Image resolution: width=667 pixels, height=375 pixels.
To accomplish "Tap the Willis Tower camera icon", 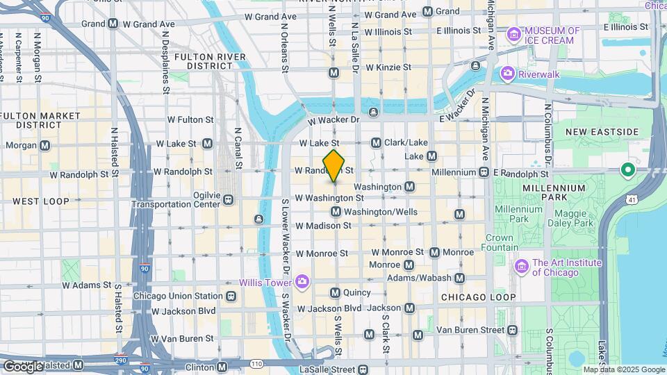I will [302, 281].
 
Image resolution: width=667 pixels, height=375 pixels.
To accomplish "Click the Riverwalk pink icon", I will [508, 72].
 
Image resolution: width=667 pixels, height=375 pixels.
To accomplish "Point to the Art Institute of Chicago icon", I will [522, 267].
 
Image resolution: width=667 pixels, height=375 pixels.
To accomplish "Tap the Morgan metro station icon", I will [45, 145].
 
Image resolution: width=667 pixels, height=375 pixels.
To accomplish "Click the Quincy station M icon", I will [336, 293].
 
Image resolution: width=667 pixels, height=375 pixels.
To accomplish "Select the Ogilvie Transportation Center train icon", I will [228, 200].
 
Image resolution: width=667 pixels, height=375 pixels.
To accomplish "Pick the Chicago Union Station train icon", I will [231, 297].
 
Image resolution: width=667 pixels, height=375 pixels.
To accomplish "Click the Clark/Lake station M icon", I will [376, 142].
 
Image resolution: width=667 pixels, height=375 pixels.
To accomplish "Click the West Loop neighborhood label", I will [41, 201].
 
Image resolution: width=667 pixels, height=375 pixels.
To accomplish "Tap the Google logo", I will [22, 366].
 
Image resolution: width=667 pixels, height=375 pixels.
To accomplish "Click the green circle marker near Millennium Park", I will [629, 169].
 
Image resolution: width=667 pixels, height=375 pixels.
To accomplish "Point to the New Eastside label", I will [602, 132].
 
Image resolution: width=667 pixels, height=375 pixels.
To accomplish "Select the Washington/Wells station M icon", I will [336, 211].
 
